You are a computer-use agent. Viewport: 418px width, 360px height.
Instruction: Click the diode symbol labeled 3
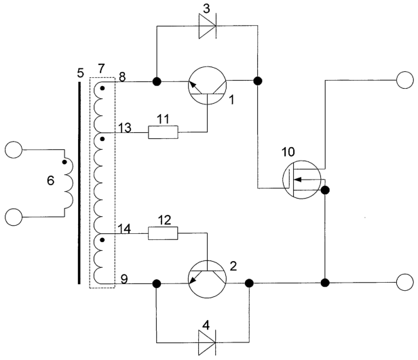208,26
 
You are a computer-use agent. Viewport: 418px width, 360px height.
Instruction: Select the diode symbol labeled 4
207,342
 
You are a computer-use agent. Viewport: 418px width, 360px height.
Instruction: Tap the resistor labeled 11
163,132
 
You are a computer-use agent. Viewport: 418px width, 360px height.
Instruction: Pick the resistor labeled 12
163,233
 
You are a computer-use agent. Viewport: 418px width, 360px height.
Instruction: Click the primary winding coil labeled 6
69,184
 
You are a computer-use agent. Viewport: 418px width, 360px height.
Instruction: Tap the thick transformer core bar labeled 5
79,183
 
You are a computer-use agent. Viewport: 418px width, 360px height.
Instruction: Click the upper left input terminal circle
14,150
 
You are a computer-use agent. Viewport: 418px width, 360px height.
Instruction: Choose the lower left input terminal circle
14,217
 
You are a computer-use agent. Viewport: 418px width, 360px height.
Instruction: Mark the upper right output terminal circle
405,80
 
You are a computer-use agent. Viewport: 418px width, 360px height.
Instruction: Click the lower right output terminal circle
405,282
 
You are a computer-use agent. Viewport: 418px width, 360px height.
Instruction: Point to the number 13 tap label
125,127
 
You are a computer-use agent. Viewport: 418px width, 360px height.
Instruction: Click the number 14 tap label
124,228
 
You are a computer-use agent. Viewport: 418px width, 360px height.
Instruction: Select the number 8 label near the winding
122,77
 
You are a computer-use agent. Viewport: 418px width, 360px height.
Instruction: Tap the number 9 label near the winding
124,279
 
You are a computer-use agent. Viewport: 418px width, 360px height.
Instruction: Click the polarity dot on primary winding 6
64,162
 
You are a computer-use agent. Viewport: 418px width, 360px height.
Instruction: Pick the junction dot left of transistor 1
157,81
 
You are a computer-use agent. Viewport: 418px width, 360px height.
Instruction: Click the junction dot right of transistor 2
249,283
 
